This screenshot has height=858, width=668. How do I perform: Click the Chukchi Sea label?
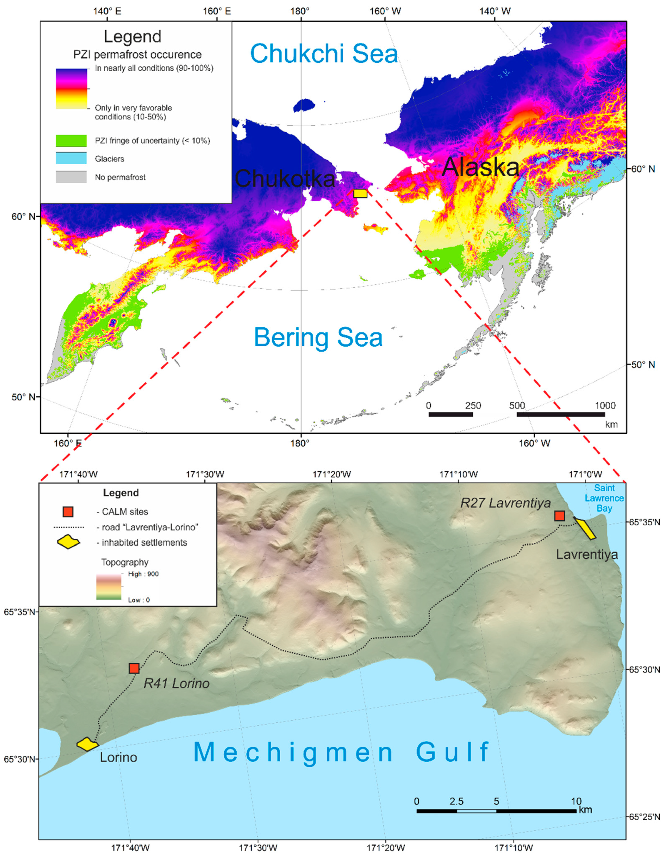click(x=324, y=54)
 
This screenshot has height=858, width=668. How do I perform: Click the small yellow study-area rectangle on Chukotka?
click(x=360, y=193)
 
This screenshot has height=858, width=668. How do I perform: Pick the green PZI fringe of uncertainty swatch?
click(x=71, y=140)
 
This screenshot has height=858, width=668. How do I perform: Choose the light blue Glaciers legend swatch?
click(x=71, y=159)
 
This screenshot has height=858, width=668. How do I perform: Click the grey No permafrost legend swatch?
click(x=71, y=177)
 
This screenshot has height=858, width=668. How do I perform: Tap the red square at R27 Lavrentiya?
click(x=560, y=516)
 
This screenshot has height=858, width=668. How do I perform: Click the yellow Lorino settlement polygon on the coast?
click(x=87, y=744)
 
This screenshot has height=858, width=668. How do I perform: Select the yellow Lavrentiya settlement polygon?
click(x=585, y=529)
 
